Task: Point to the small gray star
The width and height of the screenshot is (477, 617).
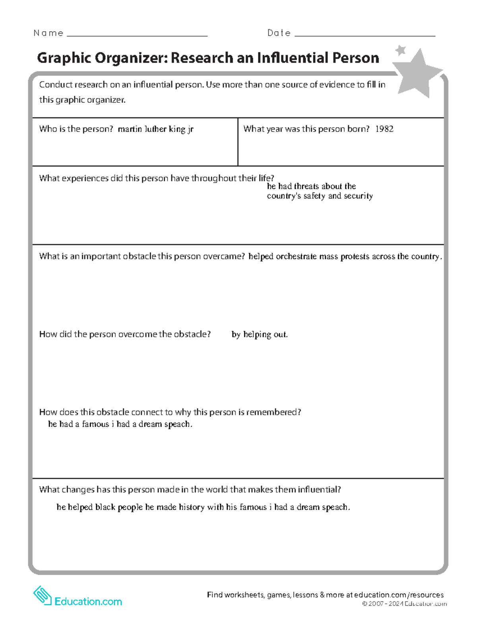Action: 401,50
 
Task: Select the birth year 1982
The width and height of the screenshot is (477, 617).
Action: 384,129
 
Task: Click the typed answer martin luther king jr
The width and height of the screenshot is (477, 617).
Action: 155,129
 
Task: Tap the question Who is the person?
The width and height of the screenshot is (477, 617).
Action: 76,129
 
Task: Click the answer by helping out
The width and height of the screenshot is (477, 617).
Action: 260,335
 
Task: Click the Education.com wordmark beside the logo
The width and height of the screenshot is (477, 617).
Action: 88,602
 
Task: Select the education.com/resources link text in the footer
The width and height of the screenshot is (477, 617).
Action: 399,595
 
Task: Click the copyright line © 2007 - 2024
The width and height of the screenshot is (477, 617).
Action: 404,604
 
